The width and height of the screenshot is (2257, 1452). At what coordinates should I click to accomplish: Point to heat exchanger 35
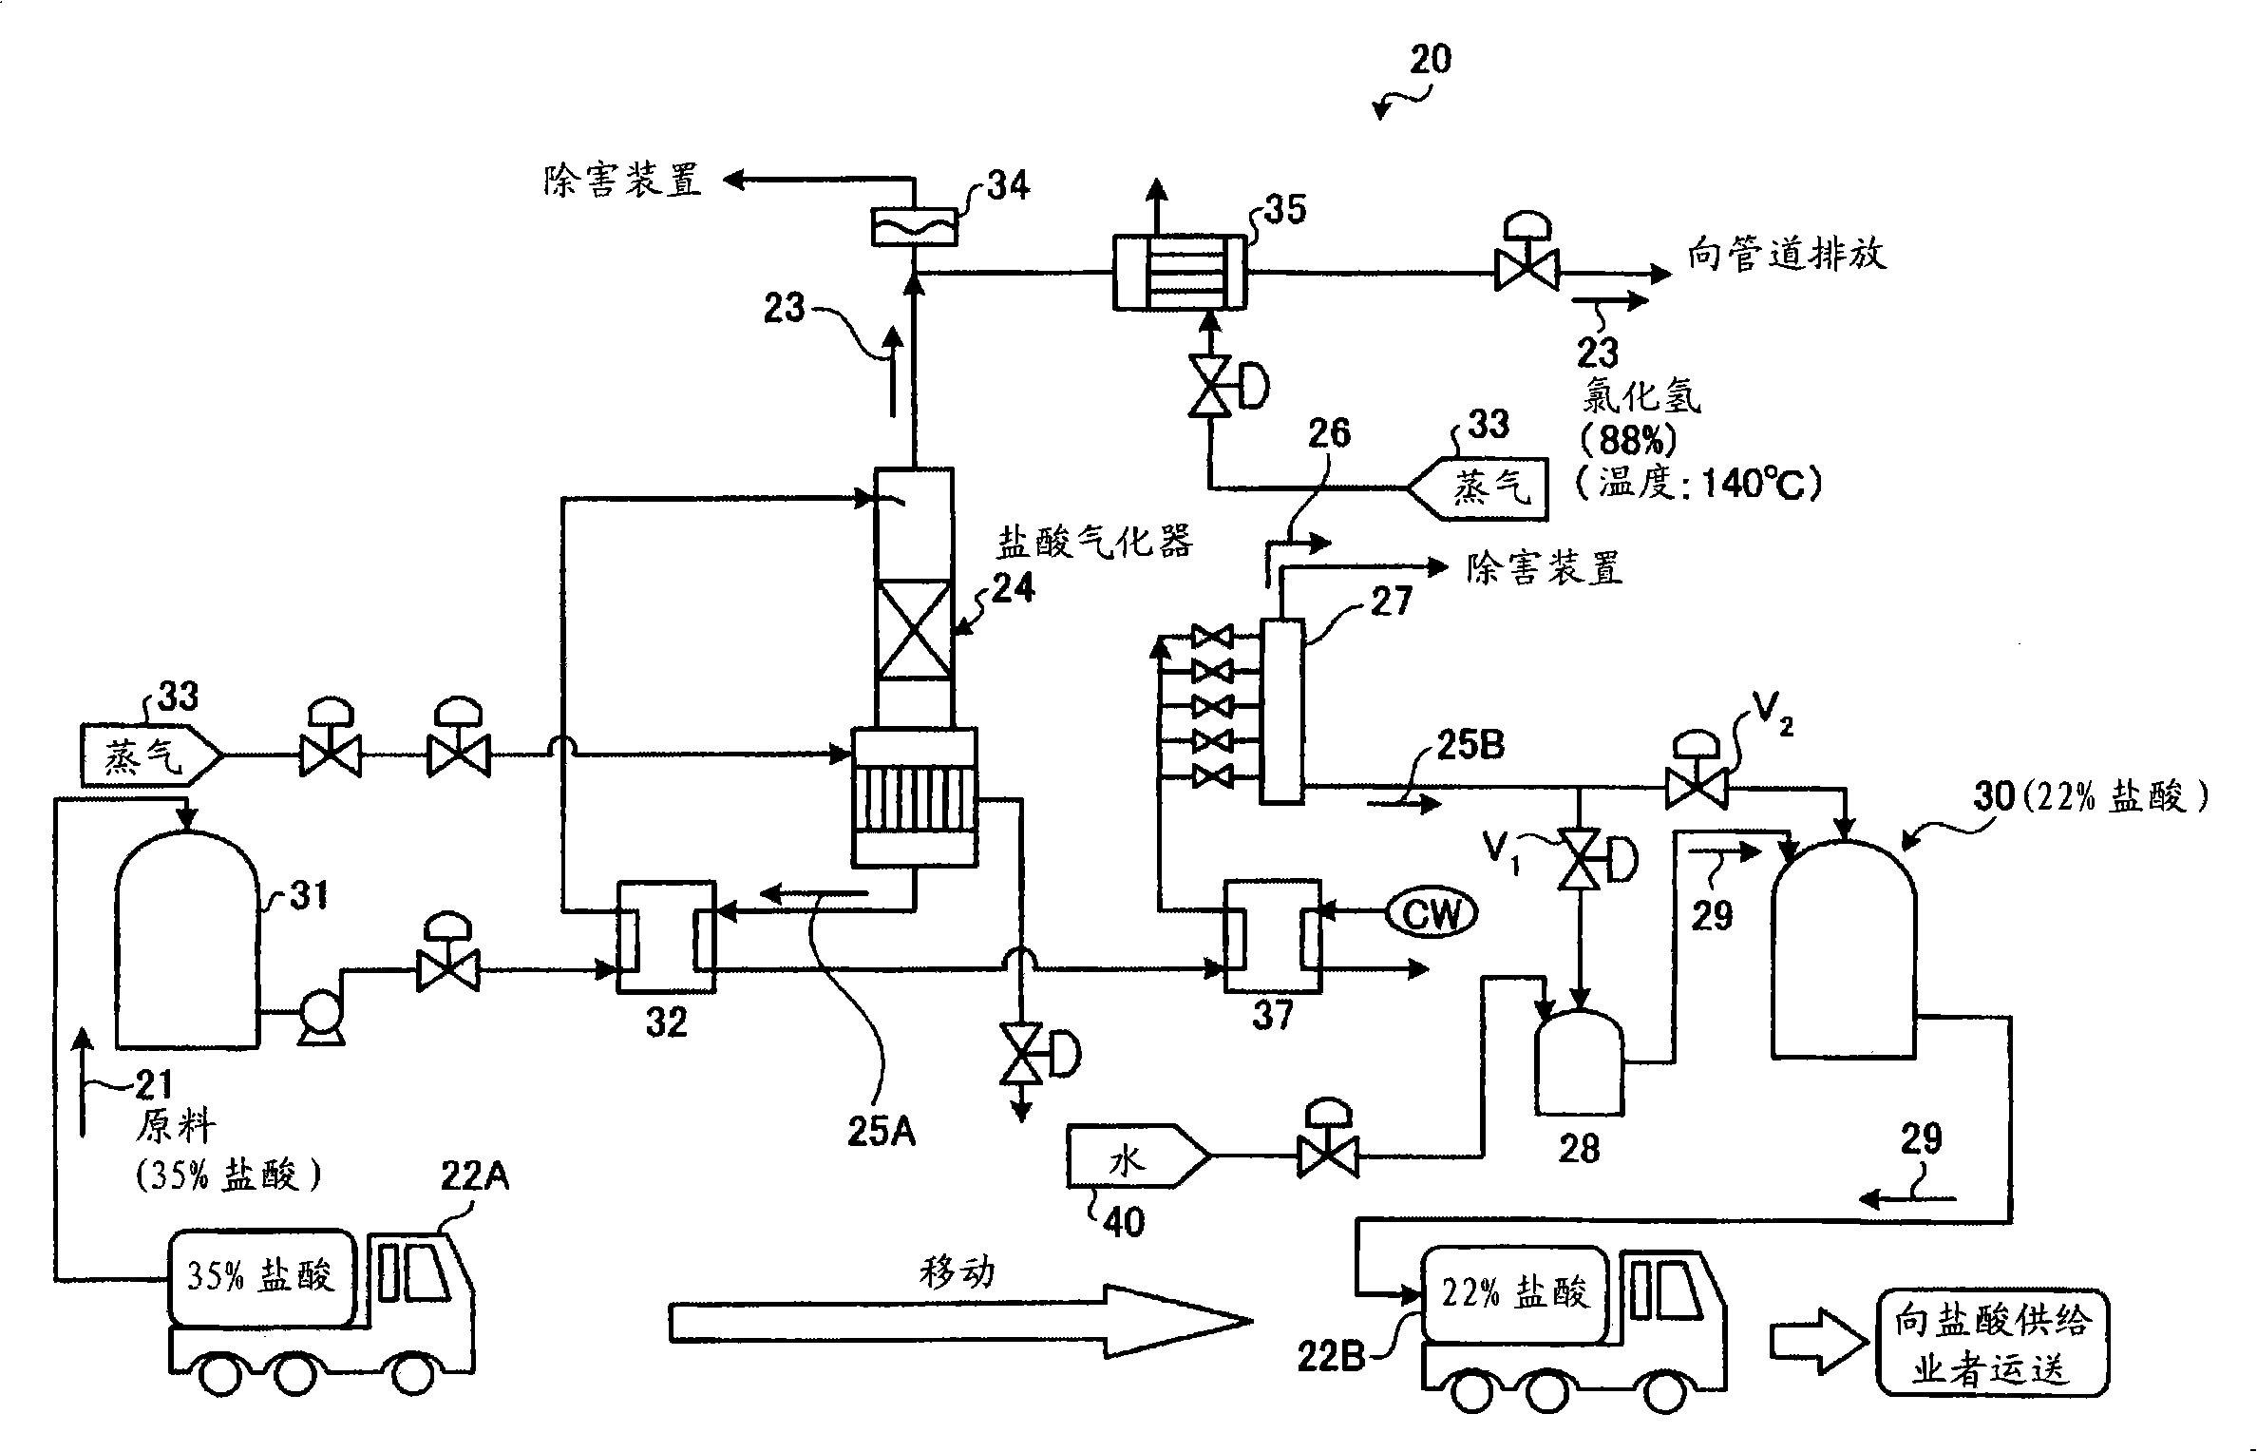pos(1179,273)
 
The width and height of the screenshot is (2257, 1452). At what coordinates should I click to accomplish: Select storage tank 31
pos(186,941)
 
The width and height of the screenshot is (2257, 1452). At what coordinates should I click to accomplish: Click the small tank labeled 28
pos(1579,1063)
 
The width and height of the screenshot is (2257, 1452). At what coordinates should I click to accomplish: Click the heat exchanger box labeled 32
pos(666,937)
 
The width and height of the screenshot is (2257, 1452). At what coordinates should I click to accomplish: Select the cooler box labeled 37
pos(1272,936)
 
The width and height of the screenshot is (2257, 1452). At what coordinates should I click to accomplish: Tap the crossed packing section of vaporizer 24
pos(913,629)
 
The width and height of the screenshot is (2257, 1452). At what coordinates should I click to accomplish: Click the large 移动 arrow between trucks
pos(959,1321)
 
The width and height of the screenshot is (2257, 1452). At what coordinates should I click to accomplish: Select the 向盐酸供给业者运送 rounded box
pos(1991,1342)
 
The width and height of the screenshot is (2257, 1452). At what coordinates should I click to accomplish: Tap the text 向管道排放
pos(1787,254)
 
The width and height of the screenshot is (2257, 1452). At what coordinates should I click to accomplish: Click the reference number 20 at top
pos(1430,60)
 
